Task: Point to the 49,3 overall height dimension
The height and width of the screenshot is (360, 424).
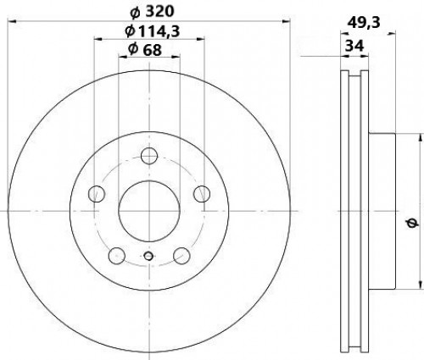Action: [364, 22]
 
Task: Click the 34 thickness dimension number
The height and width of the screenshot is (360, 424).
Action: [354, 45]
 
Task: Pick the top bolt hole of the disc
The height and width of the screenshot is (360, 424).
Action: [149, 156]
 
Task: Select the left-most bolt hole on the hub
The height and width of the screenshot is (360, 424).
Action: [97, 194]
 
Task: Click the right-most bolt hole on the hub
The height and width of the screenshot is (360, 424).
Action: [202, 194]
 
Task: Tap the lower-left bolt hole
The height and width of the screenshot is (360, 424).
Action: [117, 256]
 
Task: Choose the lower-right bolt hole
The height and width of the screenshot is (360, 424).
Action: [181, 256]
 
